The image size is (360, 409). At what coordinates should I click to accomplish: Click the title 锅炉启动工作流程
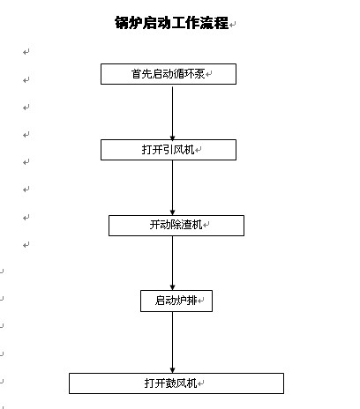pos(171,23)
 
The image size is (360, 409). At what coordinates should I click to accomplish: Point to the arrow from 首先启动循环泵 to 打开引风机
pos(173,113)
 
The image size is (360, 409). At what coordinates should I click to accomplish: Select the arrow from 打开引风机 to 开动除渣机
pos(173,188)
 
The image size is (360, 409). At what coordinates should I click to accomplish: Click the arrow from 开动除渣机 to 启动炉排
pos(173,263)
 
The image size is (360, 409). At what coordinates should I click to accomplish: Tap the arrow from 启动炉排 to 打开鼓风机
pos(173,342)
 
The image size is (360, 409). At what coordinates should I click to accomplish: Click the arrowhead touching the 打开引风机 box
pos(173,138)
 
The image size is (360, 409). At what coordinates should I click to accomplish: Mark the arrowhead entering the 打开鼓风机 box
pos(173,371)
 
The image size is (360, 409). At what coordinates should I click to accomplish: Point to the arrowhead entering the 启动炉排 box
pos(173,288)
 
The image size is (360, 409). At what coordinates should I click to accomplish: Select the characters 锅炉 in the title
pos(128,23)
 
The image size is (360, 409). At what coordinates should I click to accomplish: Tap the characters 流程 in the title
pos(214,23)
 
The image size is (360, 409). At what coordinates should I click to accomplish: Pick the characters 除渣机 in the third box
pos(186,225)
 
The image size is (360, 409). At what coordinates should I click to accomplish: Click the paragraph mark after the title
pos(232,25)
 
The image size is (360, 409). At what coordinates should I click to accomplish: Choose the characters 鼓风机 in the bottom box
pos(181,383)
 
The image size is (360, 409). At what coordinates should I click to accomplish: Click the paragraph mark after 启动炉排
pos(201,301)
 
